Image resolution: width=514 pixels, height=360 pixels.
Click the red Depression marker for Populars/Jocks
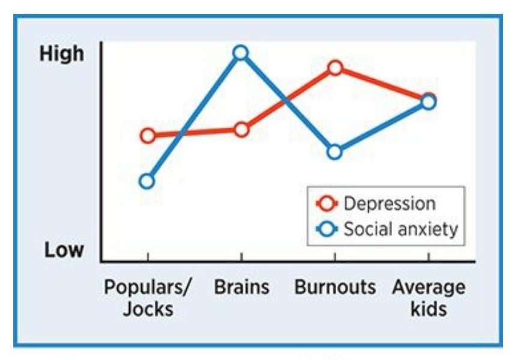(x=147, y=136)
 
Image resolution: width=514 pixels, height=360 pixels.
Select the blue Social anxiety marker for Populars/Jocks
(x=147, y=181)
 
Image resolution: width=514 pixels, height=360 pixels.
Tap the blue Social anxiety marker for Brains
(x=241, y=53)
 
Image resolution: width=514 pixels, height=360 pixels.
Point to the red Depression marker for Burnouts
(x=335, y=68)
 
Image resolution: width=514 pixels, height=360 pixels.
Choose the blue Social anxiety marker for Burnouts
(x=335, y=152)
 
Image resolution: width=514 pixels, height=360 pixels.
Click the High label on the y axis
(x=62, y=54)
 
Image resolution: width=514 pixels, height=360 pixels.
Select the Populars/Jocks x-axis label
(x=148, y=298)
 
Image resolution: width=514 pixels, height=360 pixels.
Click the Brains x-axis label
(x=241, y=287)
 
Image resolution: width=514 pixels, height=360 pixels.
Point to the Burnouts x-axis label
(x=335, y=287)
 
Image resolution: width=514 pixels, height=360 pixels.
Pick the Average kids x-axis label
(x=429, y=298)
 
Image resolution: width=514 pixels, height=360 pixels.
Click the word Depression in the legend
(x=389, y=203)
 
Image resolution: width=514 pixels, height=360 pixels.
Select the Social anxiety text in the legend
(x=401, y=229)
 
